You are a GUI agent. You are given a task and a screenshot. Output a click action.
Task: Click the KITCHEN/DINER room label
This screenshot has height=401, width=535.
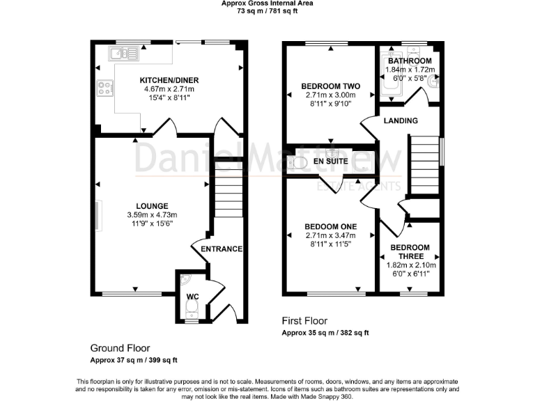(x=169, y=80)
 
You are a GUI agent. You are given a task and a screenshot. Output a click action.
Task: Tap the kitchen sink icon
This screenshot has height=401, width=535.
(x=123, y=54)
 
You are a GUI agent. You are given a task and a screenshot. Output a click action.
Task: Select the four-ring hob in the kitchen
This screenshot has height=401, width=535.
(x=104, y=88)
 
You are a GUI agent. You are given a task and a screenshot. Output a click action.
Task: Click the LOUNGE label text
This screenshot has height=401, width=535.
(x=152, y=206)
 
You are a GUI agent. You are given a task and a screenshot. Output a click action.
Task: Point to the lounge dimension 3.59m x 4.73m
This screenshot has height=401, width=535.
(x=152, y=215)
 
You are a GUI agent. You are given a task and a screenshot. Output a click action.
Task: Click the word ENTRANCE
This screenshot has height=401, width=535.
(x=222, y=249)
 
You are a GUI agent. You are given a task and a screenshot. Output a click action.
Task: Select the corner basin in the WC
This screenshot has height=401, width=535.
(x=185, y=279)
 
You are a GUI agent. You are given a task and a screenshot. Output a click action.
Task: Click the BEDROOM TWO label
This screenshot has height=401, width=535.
(x=331, y=86)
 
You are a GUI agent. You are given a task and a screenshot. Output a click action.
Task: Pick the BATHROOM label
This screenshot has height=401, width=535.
(x=410, y=61)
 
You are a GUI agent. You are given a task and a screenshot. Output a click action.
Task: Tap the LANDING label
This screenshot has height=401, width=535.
(x=401, y=120)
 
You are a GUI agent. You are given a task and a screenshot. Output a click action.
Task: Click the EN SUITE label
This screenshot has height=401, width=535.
(x=331, y=162)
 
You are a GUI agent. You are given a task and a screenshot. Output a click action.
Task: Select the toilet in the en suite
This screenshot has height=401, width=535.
(x=296, y=163)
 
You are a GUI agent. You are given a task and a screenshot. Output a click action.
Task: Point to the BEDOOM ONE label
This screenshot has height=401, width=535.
(x=331, y=226)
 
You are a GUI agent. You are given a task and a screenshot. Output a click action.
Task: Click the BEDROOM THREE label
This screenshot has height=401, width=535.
(x=410, y=251)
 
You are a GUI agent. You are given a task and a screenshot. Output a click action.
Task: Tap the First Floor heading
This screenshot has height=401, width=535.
(x=304, y=321)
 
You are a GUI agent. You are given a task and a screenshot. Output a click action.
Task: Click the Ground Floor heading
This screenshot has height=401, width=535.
(x=120, y=348)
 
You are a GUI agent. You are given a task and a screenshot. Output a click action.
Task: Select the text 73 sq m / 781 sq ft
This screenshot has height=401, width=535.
(x=267, y=11)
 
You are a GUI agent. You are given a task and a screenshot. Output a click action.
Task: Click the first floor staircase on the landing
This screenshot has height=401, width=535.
(x=425, y=165)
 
